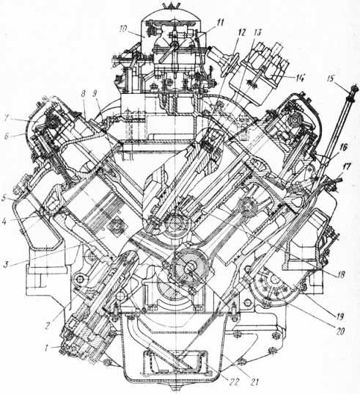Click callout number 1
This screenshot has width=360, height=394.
click(x=46, y=349)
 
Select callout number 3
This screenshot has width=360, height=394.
click(x=7, y=264)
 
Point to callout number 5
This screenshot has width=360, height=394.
click(x=4, y=200)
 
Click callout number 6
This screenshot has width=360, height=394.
click(x=7, y=136)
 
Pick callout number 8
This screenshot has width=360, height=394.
click(x=84, y=94)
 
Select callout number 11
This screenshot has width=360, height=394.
click(x=220, y=23)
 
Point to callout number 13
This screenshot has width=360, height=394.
click(x=257, y=33)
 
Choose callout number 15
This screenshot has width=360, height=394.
click(x=331, y=79)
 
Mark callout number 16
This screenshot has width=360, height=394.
click(x=343, y=147)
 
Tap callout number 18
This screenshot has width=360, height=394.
click(x=342, y=274)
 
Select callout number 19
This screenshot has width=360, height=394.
click(x=339, y=317)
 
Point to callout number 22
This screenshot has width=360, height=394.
click(x=233, y=382)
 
